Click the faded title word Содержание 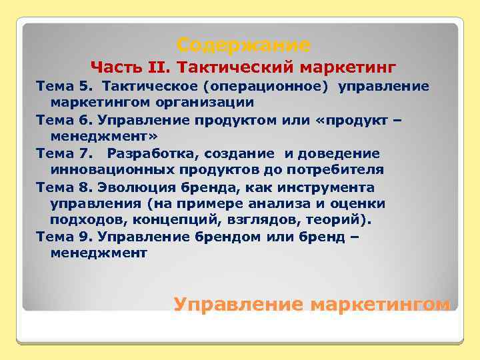[244, 45]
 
